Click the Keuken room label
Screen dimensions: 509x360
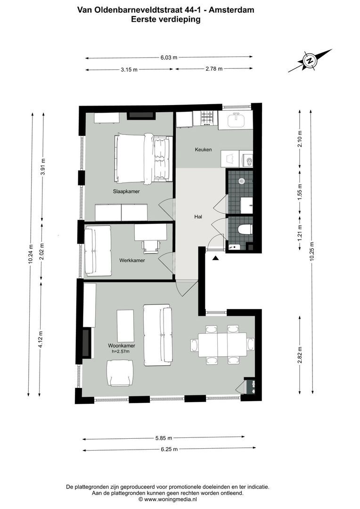(204, 150)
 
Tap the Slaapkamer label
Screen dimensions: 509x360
(126, 192)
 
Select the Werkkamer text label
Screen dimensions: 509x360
(132, 260)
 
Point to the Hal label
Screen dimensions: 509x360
(198, 217)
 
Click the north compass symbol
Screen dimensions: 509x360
(310, 61)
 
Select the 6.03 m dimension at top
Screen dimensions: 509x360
(169, 57)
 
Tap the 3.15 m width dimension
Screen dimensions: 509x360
(129, 70)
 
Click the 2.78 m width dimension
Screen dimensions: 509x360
(214, 69)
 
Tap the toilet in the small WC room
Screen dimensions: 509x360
(245, 230)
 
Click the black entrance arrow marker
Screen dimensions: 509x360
(215, 258)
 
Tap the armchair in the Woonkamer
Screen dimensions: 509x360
(120, 373)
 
